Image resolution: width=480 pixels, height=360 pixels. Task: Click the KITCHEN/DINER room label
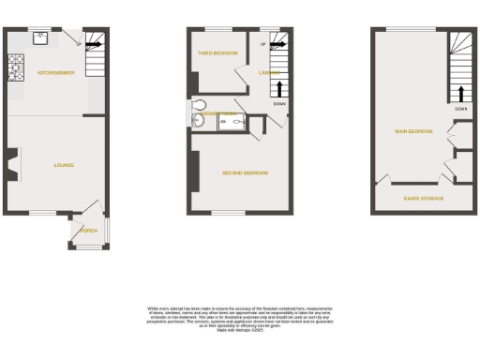tap(56, 72)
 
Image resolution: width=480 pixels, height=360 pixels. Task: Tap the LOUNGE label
tap(64, 165)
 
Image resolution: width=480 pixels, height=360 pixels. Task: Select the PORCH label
tap(89, 230)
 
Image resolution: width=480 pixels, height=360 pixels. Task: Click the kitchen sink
tap(41, 38)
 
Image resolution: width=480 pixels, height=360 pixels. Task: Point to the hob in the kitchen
tap(15, 67)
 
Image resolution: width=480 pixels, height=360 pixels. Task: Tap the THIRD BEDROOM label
tap(217, 53)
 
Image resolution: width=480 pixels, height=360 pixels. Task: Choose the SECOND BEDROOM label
tap(245, 173)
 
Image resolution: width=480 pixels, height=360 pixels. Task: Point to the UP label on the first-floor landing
tap(262, 43)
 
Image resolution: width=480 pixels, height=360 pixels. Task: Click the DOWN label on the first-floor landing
tap(279, 104)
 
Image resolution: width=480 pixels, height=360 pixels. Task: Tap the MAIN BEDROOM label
tap(413, 130)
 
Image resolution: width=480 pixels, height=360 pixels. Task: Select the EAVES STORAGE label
tap(424, 198)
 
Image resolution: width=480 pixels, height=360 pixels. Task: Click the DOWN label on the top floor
tap(460, 108)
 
